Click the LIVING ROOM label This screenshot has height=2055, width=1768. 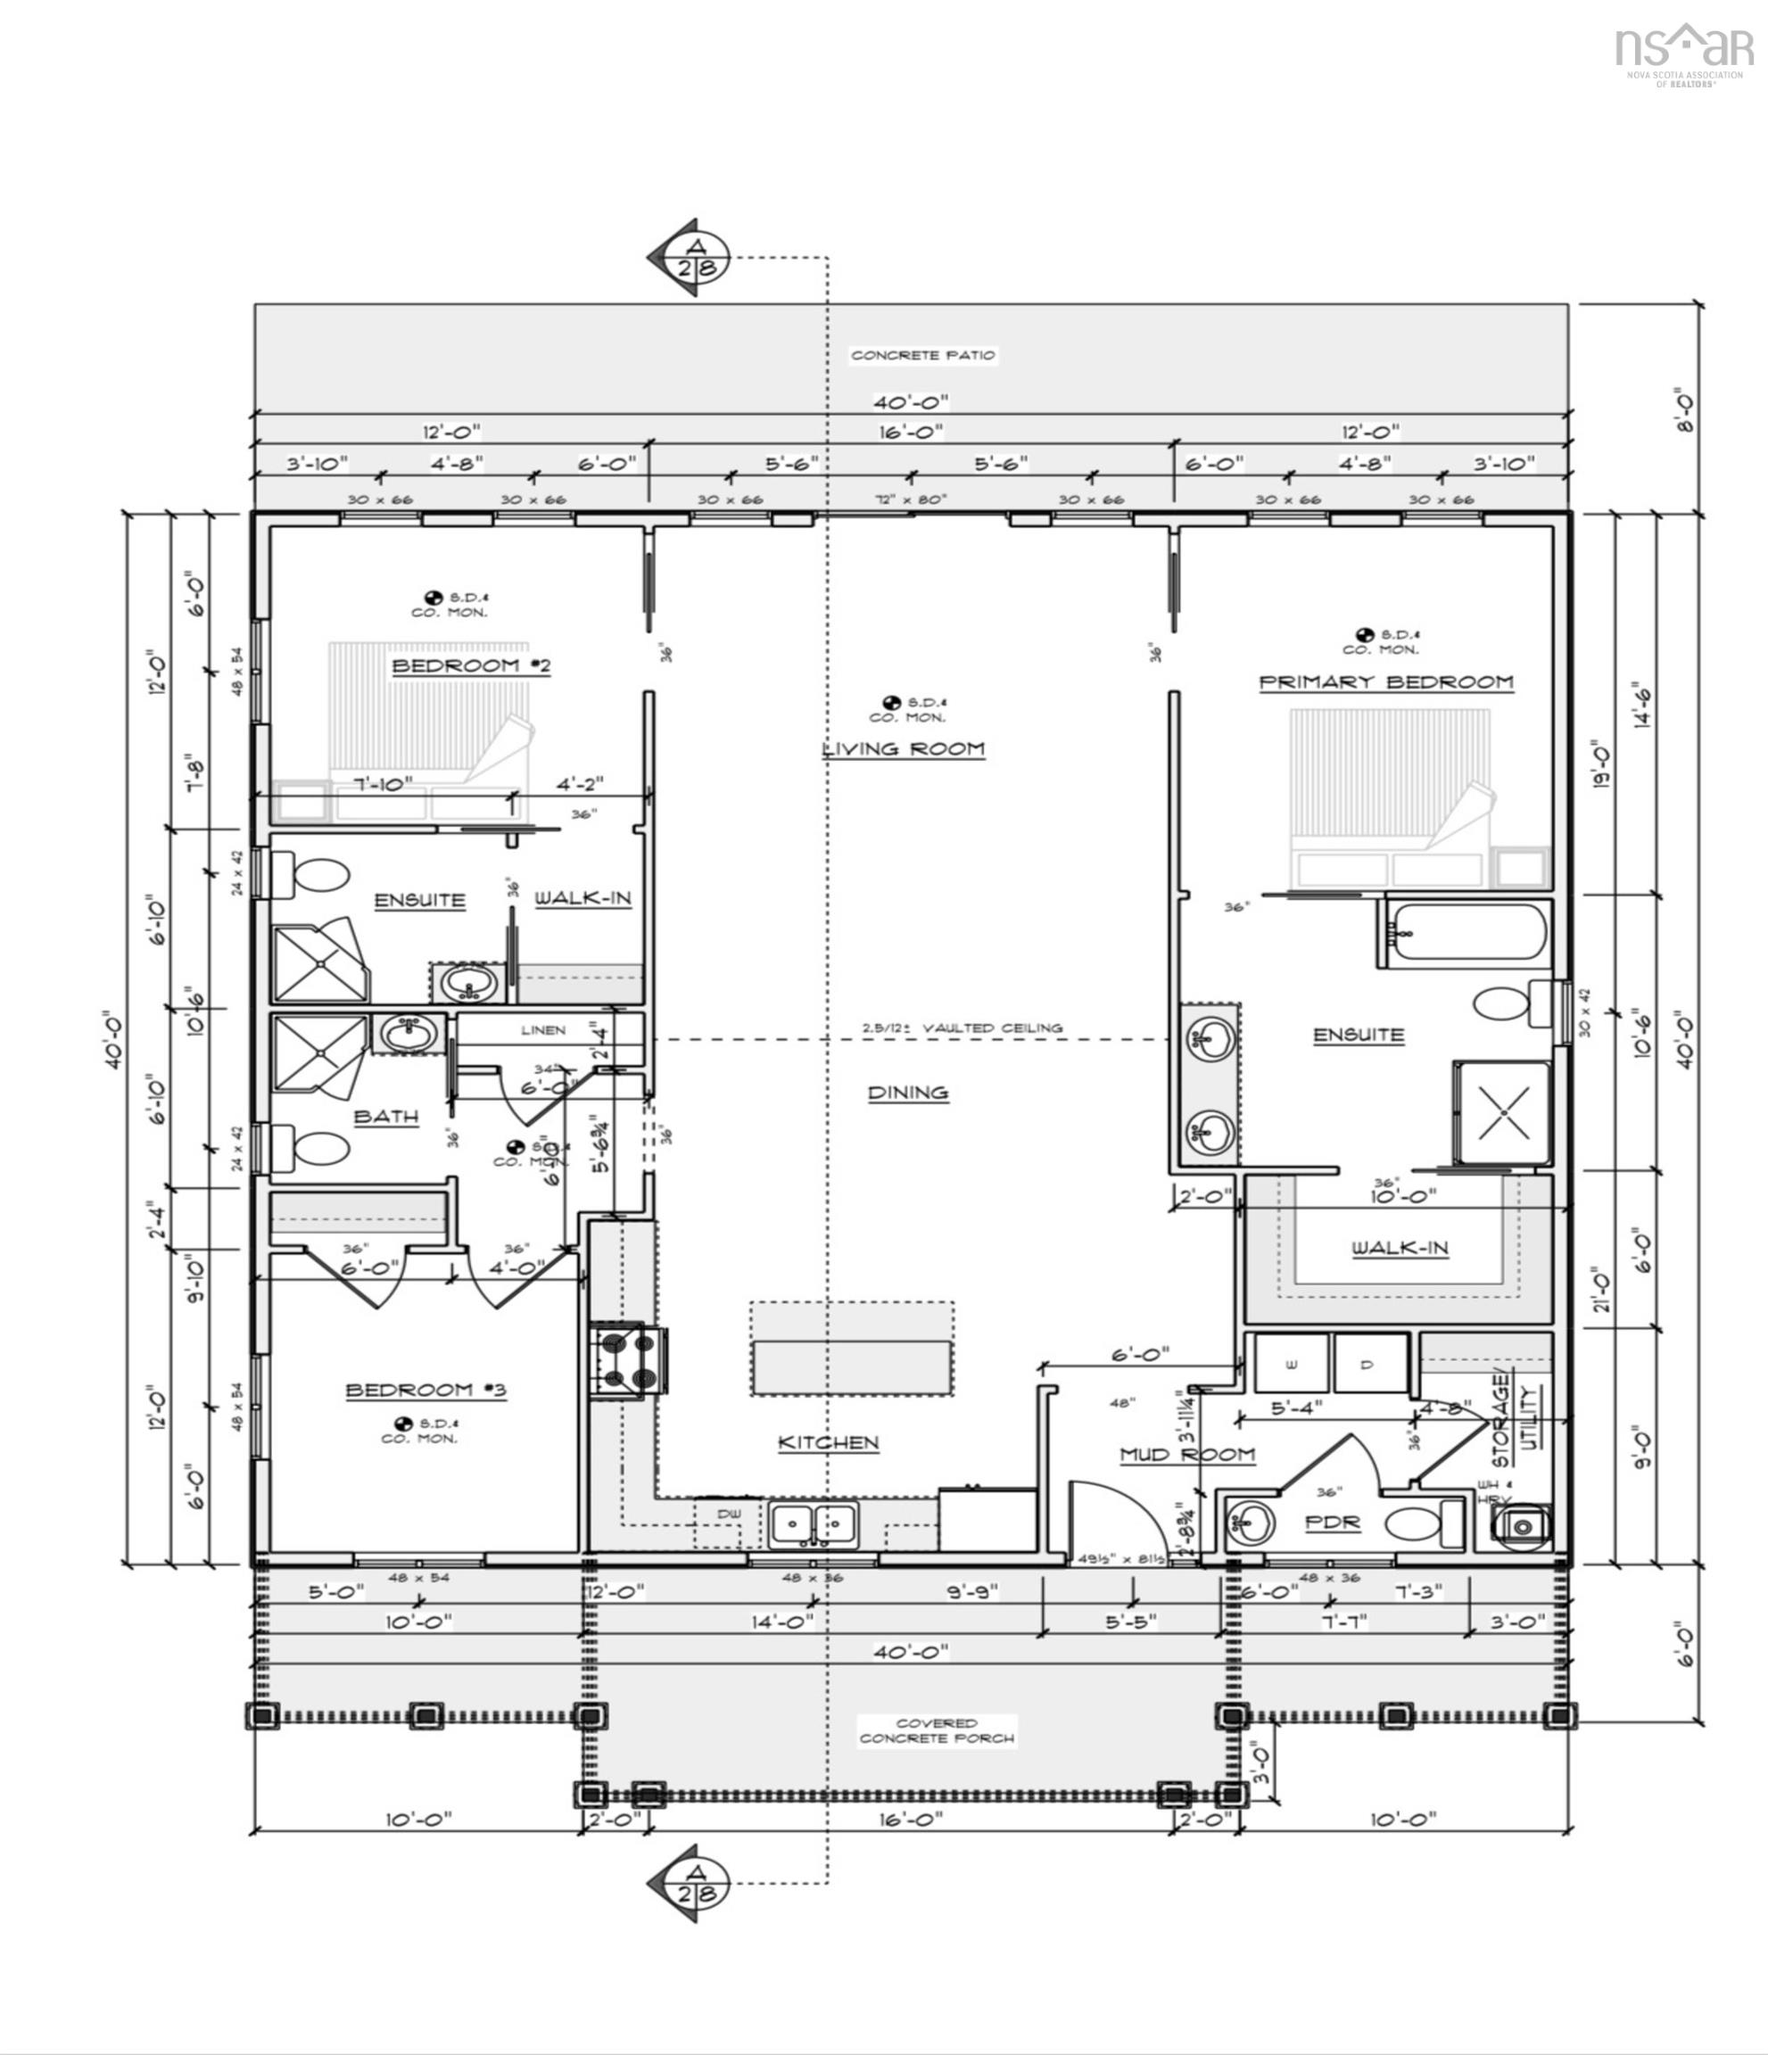tap(903, 749)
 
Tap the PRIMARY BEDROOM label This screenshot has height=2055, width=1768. tap(1386, 682)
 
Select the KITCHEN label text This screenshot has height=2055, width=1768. tap(828, 1442)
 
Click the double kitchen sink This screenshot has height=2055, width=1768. tap(813, 1523)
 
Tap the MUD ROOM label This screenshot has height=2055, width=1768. tap(1186, 1455)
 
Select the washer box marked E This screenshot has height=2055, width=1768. tap(1291, 1365)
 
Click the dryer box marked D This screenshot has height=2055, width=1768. tap(1368, 1365)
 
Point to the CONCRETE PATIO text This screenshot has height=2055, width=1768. tap(921, 355)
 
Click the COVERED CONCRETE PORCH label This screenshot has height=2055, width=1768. tap(936, 1730)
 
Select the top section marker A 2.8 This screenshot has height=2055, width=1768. tap(696, 257)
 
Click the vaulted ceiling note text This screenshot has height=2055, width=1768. tap(962, 1027)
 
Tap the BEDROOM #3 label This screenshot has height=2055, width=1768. tap(425, 1391)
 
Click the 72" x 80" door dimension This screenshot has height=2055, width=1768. tap(911, 499)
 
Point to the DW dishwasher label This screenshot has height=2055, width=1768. tap(729, 1514)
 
